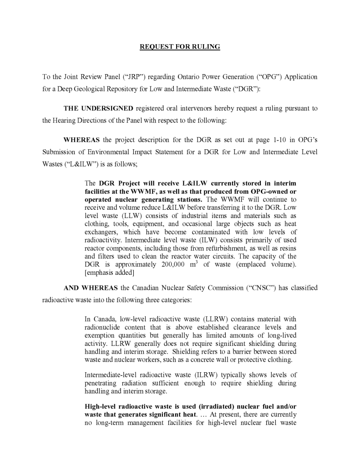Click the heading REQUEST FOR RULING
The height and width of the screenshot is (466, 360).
pyautogui.click(x=180, y=47)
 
